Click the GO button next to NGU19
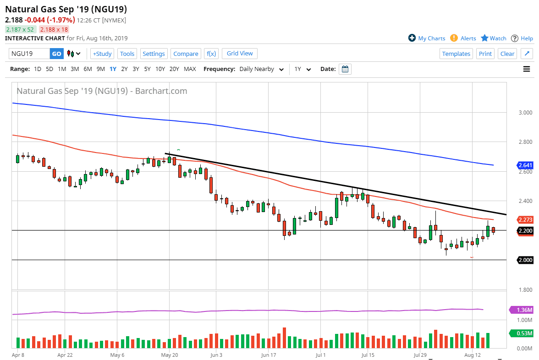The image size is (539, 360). pos(56,54)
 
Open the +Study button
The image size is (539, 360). pos(102,54)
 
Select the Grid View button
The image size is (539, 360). pos(240,53)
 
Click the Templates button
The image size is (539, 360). pos(456,54)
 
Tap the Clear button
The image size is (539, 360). pos(507,54)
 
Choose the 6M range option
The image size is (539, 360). pos(88,69)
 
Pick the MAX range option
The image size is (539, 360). pos(190,69)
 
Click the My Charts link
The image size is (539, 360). pos(427,38)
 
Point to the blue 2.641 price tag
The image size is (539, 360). pos(525,165)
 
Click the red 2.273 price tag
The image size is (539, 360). pos(525,219)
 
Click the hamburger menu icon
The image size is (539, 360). pos(527,69)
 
